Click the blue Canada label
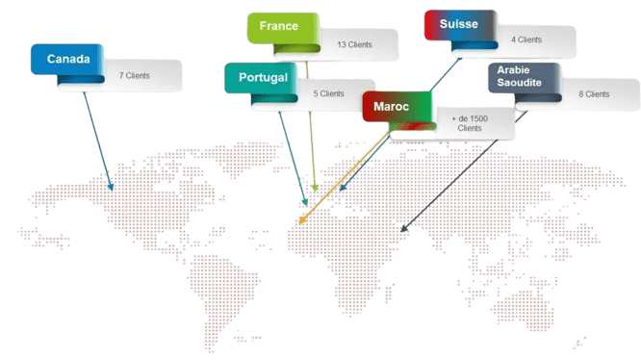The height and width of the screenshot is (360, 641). [x=67, y=60]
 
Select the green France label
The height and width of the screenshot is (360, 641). [x=279, y=27]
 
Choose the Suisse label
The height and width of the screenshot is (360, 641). [x=457, y=23]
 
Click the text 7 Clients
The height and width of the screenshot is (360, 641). [x=135, y=74]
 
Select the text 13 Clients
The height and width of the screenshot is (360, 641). [x=354, y=43]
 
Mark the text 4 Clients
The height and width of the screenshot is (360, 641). [x=526, y=39]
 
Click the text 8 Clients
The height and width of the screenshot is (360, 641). [x=594, y=94]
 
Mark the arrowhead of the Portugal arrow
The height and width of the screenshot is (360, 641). [x=306, y=203]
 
